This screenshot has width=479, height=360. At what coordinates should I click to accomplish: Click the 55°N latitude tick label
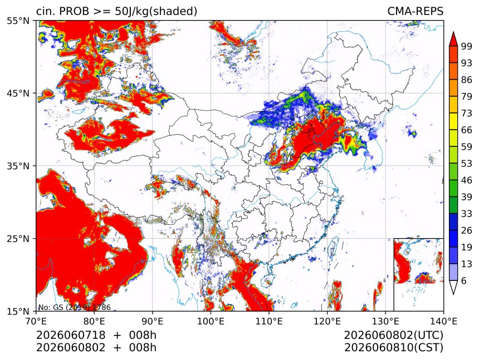pos(18,21)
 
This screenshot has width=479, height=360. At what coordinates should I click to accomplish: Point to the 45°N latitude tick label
pos(18,93)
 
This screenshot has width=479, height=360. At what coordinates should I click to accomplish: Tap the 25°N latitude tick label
pos(18,238)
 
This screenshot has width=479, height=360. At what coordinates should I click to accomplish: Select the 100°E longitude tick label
pos(211,321)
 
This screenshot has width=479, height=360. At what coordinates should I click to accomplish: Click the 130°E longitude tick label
pos(385,321)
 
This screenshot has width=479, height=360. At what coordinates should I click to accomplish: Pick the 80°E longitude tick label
pos(94,321)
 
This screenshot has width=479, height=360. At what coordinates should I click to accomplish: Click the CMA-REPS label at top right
pos(415,11)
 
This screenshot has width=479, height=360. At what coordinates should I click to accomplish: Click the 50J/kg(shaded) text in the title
pos(156,12)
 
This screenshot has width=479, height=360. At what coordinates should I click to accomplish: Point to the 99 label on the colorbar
pos(467,46)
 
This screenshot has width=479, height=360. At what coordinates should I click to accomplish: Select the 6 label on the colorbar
pos(464,280)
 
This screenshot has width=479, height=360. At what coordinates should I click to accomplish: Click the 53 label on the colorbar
pos(467,164)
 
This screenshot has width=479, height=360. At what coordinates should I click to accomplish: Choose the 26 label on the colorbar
pos(467,230)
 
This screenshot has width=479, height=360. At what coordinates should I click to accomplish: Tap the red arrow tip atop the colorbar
pos(453,32)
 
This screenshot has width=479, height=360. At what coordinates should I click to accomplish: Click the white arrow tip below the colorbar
pos(453,294)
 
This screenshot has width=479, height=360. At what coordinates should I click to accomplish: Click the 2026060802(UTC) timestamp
pos(393,335)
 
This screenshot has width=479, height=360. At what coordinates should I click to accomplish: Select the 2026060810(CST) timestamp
pos(393,348)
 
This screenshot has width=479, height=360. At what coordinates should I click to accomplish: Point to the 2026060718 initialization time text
pos(71,335)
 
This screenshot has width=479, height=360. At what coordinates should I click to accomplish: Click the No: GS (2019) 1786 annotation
pos(74,307)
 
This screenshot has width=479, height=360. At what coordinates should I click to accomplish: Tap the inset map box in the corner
pos(394,274)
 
